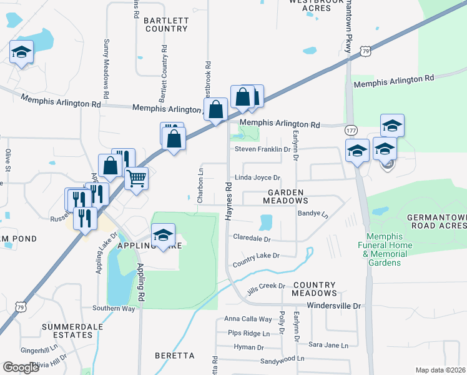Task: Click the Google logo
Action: [x=21, y=367]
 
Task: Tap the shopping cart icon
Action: [x=136, y=179]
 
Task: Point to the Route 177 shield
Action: [x=351, y=129]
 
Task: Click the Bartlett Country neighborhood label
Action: [x=165, y=24]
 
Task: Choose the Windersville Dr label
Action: [x=336, y=306]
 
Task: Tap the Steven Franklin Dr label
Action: [x=263, y=149]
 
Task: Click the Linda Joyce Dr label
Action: [x=257, y=178]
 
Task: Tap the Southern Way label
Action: [x=114, y=308]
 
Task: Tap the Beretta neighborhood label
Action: [x=174, y=356]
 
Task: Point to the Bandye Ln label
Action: [x=313, y=213]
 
